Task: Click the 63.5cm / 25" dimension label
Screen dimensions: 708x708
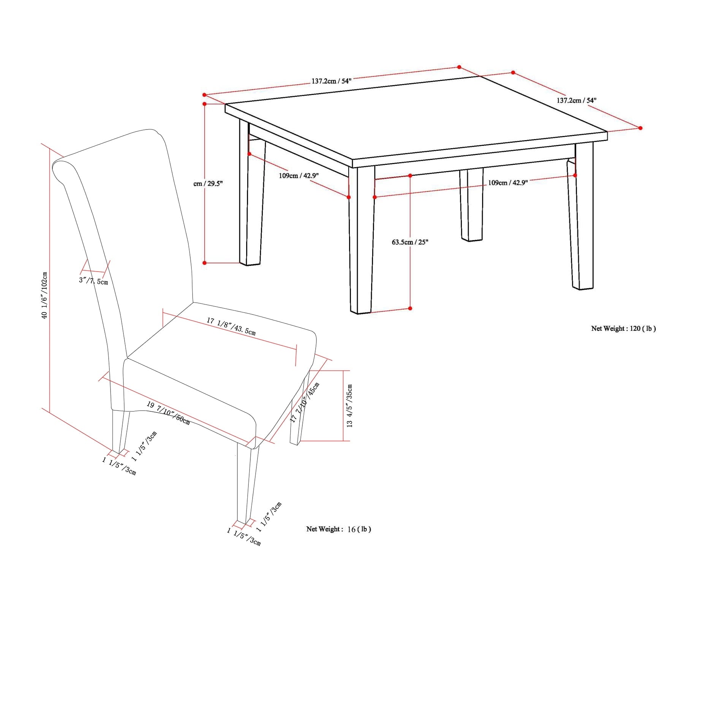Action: [410, 242]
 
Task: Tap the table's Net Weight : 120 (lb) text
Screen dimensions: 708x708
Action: [623, 329]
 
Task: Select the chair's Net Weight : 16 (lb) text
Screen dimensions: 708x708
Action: [338, 529]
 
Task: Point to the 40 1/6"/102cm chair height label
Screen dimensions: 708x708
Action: [44, 295]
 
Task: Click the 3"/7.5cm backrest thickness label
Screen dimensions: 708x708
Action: [93, 281]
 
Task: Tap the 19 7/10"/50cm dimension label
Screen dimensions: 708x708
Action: [168, 413]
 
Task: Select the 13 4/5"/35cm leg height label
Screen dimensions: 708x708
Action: [349, 406]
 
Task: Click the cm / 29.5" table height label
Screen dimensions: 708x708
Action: [208, 184]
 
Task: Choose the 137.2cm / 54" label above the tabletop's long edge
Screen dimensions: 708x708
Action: [332, 81]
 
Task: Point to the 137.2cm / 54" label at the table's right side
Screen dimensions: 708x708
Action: [577, 100]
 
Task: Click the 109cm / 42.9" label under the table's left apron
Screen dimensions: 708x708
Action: [299, 176]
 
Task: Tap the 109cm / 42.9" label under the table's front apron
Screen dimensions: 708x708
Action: [508, 183]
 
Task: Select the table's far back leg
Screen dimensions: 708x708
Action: [471, 205]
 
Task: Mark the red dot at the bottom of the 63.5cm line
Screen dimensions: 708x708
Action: [410, 308]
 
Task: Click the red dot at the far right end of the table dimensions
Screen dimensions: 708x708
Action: [640, 128]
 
